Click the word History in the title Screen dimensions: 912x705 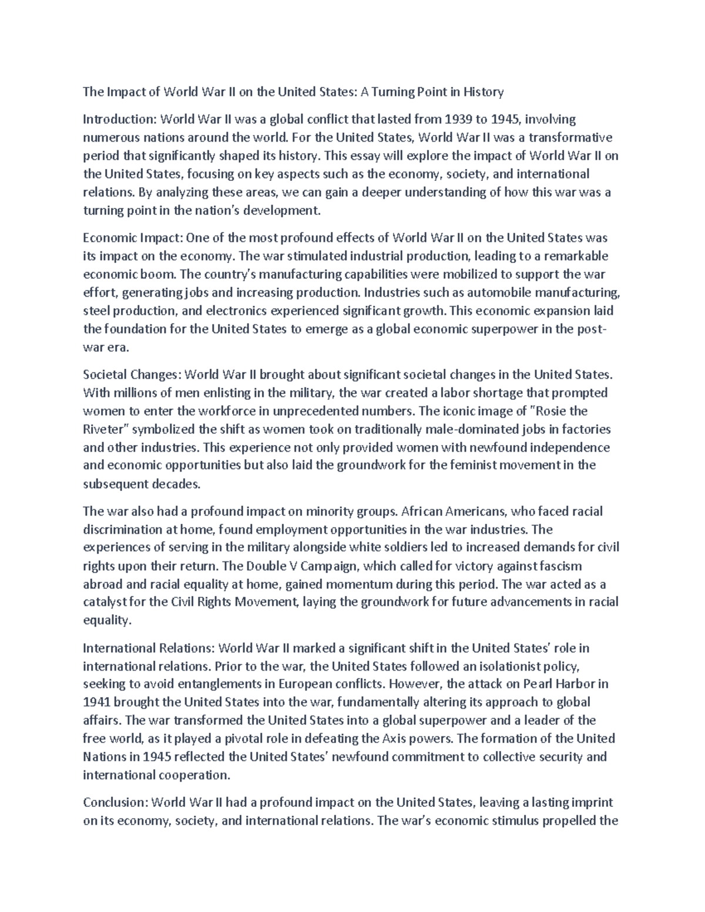coord(483,92)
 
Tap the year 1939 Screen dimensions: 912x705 coord(459,120)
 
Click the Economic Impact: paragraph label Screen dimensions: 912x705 coord(134,238)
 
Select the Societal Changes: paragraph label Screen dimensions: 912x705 coord(133,374)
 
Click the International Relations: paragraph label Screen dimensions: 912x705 coord(149,648)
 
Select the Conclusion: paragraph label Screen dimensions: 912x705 coord(116,803)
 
